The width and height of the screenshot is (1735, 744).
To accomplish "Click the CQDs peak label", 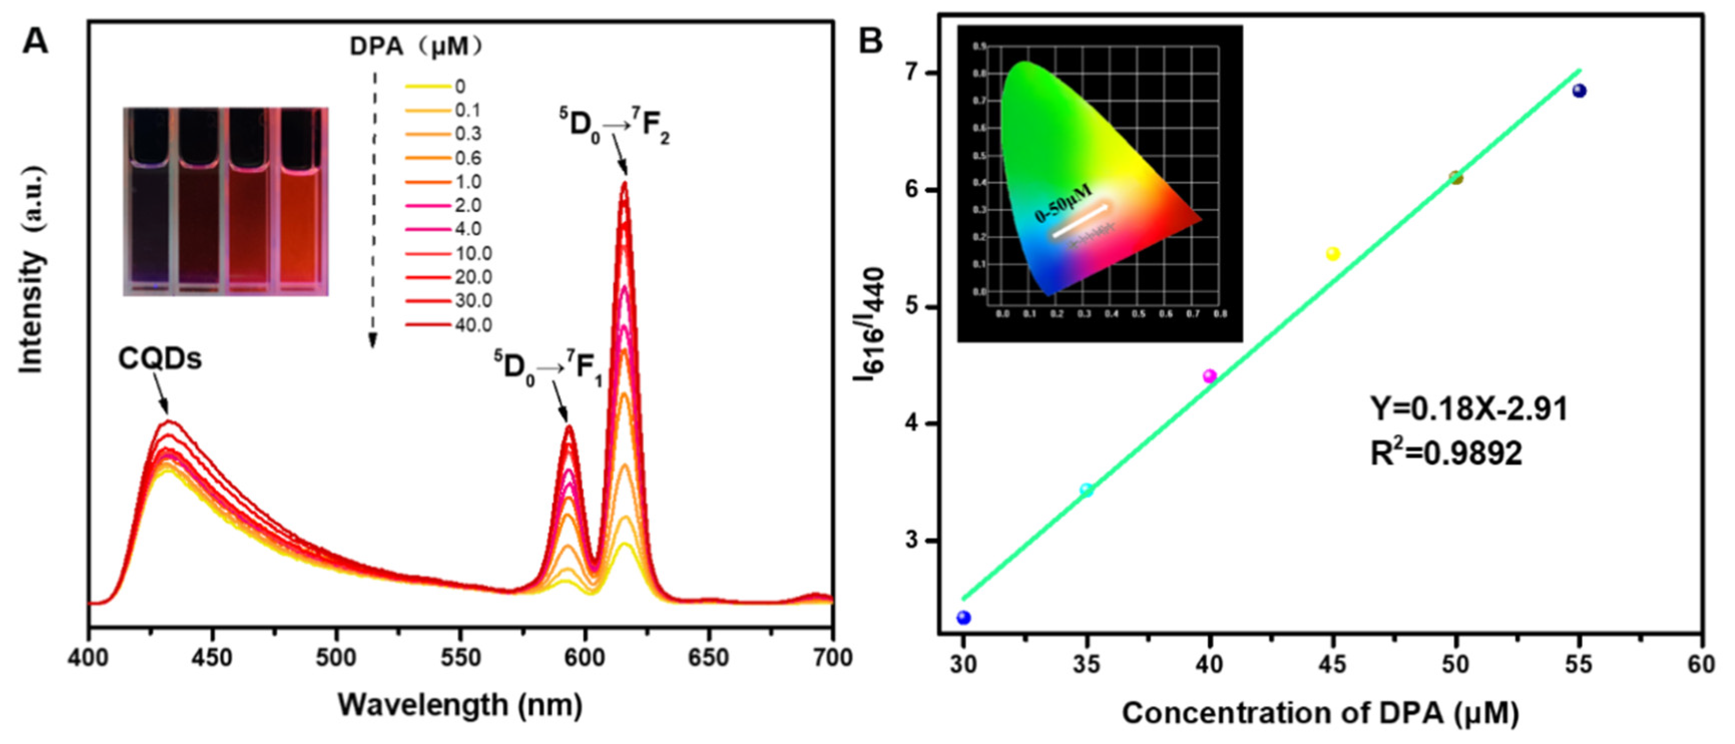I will [160, 359].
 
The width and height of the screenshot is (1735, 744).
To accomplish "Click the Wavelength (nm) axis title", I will [460, 705].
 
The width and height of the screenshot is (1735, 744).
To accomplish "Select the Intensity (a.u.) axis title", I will [32, 270].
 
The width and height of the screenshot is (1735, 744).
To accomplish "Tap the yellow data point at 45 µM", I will [1333, 254].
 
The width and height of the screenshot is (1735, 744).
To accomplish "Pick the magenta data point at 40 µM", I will [1210, 376].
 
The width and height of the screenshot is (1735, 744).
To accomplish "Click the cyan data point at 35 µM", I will [1086, 490].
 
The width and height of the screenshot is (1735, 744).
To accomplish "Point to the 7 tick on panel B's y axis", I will [914, 73].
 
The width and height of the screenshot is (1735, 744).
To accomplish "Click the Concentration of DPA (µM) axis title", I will [1320, 713].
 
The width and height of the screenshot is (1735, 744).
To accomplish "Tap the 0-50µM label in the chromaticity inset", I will [1063, 203].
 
